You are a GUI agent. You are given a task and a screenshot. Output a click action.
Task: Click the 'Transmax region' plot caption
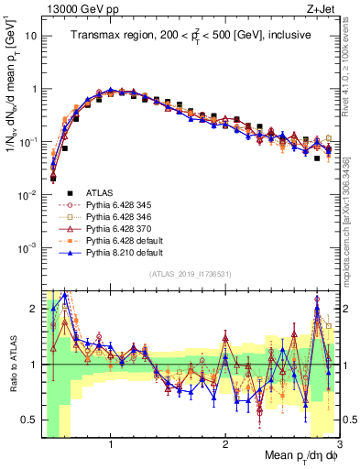click(191, 36)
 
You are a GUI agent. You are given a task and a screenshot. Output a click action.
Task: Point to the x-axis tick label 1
click(111, 443)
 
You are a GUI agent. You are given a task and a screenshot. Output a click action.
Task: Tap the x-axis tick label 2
click(225, 443)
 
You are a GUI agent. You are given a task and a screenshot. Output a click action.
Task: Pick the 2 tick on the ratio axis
click(33, 309)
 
